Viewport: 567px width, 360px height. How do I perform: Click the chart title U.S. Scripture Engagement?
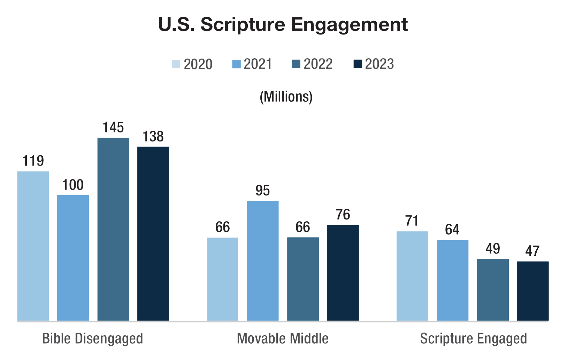pyautogui.click(x=283, y=24)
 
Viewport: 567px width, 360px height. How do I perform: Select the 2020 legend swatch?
pyautogui.click(x=176, y=64)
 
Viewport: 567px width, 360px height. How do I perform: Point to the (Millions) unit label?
pyautogui.click(x=286, y=97)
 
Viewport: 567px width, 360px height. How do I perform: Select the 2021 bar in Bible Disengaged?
pyautogui.click(x=73, y=258)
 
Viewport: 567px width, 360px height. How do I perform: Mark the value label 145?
pyautogui.click(x=113, y=128)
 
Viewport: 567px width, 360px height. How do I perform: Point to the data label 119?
pyautogui.click(x=33, y=161)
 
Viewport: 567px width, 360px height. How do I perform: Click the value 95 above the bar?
pyautogui.click(x=262, y=191)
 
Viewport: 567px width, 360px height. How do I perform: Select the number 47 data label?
pyautogui.click(x=532, y=251)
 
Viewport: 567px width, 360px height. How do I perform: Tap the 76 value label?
pyautogui.click(x=343, y=215)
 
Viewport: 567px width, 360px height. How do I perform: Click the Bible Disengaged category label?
pyautogui.click(x=92, y=338)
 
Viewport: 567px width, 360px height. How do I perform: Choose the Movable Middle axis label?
pyautogui.click(x=282, y=338)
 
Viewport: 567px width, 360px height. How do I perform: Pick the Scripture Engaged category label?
pyautogui.click(x=473, y=338)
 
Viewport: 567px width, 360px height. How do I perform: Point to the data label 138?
pyautogui.click(x=153, y=137)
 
